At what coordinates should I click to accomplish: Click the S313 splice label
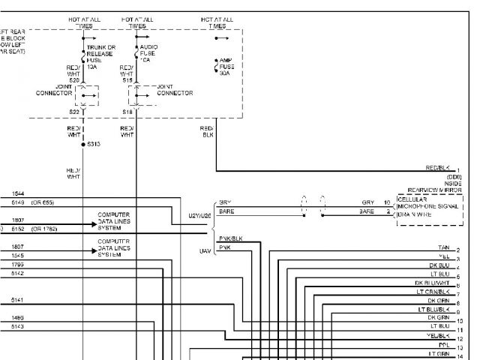[94, 143]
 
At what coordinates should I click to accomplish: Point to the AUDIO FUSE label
[148, 52]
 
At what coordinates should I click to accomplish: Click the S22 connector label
[74, 111]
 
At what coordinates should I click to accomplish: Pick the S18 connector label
[127, 111]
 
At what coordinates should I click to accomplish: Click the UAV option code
[204, 250]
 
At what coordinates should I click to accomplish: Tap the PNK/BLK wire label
[230, 238]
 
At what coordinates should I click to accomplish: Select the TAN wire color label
[443, 247]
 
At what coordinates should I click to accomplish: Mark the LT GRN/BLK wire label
[433, 291]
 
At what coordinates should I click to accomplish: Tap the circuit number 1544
[18, 193]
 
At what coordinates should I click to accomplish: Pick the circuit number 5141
[18, 300]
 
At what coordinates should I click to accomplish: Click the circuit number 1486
[18, 317]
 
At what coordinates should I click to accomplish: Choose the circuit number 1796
[18, 264]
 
